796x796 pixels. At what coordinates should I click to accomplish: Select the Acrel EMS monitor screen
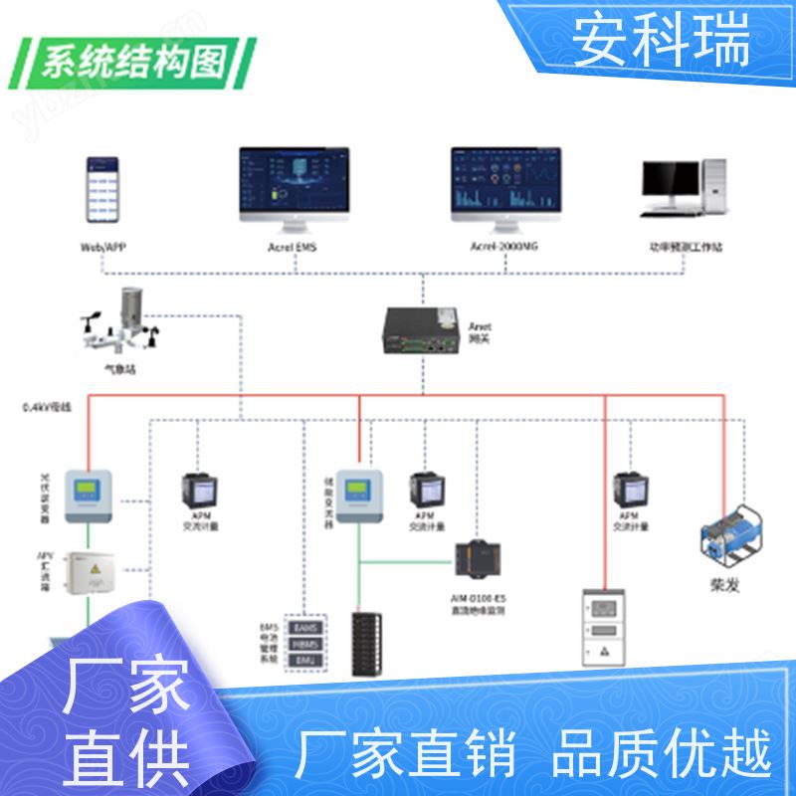(294, 181)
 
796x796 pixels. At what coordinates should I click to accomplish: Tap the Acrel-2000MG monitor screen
(506, 181)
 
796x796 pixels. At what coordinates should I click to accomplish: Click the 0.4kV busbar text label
(48, 407)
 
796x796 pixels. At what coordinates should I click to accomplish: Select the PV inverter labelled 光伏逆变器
(91, 496)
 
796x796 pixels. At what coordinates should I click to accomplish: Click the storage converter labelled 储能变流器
(358, 495)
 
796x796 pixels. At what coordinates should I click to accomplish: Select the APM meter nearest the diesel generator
(629, 490)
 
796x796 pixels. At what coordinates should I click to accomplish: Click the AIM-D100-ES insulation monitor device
(474, 559)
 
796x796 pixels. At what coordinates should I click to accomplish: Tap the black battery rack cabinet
(372, 642)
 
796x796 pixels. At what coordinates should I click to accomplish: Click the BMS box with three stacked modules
(302, 644)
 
